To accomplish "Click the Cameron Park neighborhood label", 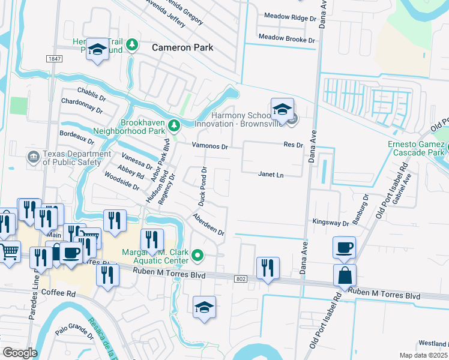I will tap(182, 47).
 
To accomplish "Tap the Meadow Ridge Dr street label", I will tap(287, 19).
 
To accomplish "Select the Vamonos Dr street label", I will tap(209, 146).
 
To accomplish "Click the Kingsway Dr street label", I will tap(330, 223).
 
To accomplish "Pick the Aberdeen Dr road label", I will tap(208, 224).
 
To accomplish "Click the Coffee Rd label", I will tap(59, 294).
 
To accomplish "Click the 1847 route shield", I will tap(54, 58).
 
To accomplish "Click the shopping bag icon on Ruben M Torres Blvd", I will tap(345, 275).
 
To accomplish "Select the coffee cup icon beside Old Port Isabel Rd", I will tap(344, 247).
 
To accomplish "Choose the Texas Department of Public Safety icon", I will tap(34, 158).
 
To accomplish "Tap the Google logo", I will tap(20, 353).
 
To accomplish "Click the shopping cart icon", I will tap(8, 252).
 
